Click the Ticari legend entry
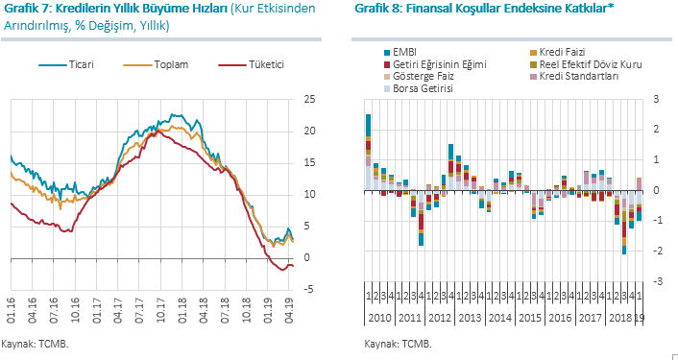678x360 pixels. pyautogui.click(x=66, y=65)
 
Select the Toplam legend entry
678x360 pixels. pyautogui.click(x=156, y=65)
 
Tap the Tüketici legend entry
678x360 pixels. pyautogui.click(x=252, y=65)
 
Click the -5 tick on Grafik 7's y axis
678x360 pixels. pyautogui.click(x=308, y=290)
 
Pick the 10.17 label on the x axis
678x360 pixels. pyautogui.click(x=160, y=309)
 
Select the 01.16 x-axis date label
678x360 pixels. pyautogui.click(x=12, y=309)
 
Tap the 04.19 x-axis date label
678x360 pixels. pyautogui.click(x=289, y=309)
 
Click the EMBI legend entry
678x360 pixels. pyautogui.click(x=400, y=53)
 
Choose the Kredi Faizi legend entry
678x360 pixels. pyautogui.click(x=558, y=53)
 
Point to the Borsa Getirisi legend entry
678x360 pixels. pyautogui.click(x=419, y=89)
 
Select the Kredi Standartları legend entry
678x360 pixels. pyautogui.click(x=574, y=77)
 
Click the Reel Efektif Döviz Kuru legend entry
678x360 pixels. pyautogui.click(x=586, y=65)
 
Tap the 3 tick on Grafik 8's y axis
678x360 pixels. pyautogui.click(x=656, y=100)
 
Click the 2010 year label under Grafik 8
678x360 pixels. pyautogui.click(x=379, y=319)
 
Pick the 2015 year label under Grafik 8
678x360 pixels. pyautogui.click(x=530, y=319)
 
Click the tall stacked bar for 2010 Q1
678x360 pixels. pyautogui.click(x=369, y=152)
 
